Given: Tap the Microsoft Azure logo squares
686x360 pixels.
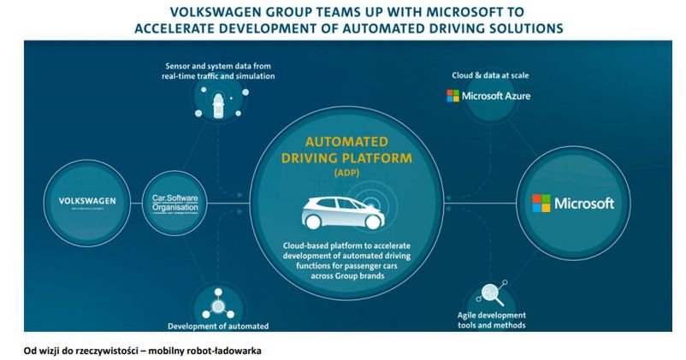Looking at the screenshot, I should coord(452,96).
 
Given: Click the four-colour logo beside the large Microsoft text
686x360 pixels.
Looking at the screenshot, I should coord(541,204).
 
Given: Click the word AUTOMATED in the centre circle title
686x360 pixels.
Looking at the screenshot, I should coord(346,144).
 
